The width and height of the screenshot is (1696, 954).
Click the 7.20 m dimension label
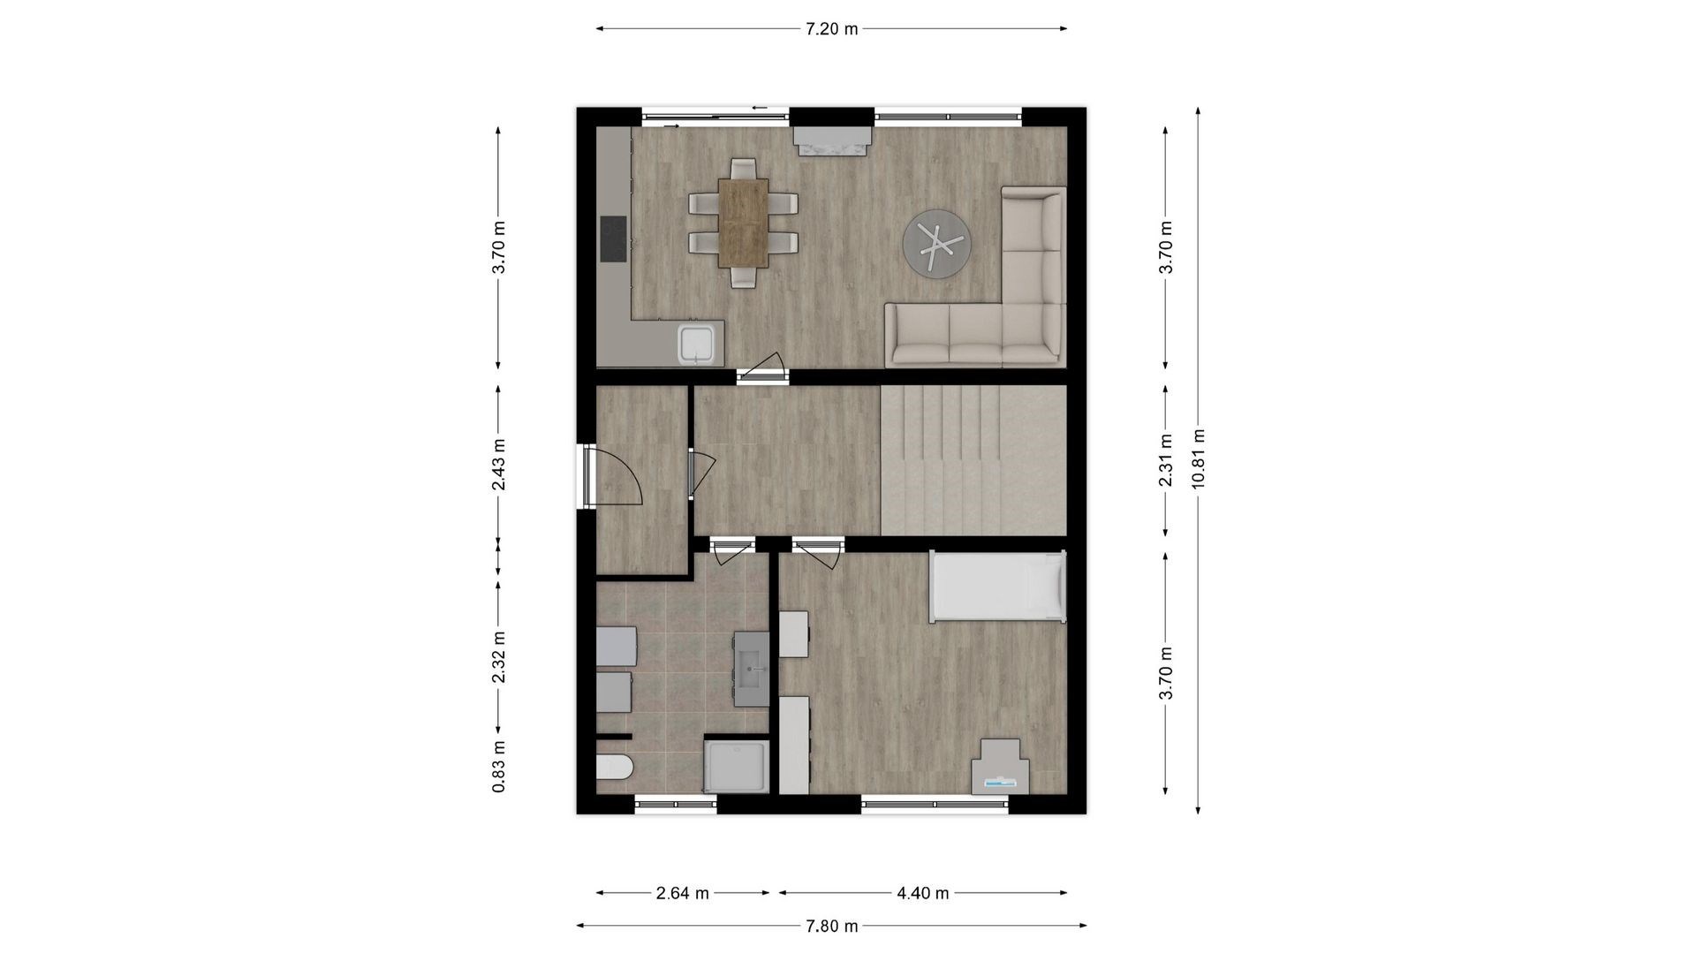831,29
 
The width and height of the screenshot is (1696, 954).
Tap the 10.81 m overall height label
1198,458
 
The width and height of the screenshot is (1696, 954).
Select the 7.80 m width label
831,926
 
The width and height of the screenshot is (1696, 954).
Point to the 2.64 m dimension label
682,893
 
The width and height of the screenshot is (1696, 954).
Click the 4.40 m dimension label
922,893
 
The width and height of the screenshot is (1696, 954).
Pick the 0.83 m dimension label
499,766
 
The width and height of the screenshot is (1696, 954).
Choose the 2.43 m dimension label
499,465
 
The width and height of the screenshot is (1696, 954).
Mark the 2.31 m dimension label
1166,459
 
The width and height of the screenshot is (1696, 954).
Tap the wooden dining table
743,223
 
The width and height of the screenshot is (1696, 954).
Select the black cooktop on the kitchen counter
613,238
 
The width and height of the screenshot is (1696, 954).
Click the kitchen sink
700,344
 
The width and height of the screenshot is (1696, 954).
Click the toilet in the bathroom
614,767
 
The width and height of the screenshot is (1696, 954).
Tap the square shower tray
736,767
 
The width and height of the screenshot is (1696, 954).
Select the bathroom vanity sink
752,669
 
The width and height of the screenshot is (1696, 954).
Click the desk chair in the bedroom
1000,767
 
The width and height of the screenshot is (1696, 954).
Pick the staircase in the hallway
973,459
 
